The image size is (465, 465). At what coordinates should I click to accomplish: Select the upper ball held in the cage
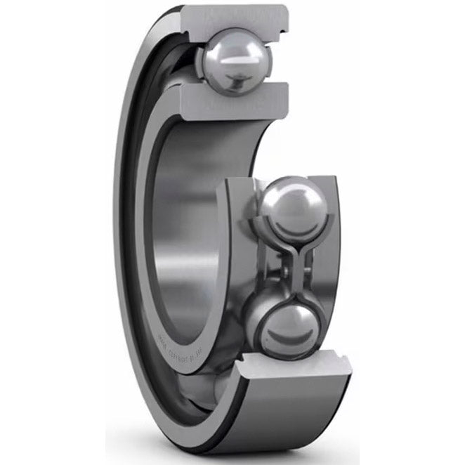[x=294, y=208]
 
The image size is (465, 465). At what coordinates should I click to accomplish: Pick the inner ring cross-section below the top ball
[x=232, y=101]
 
